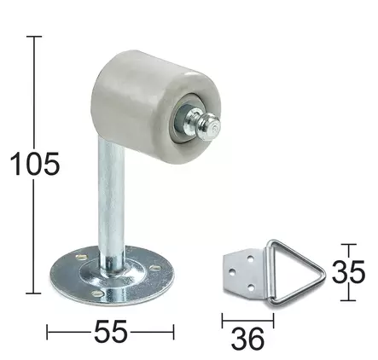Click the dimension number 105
(x=35, y=163)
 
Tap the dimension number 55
(x=111, y=331)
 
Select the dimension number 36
(x=247, y=339)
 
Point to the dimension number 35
(x=348, y=272)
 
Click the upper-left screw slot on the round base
(x=81, y=257)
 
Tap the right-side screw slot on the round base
(x=155, y=268)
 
